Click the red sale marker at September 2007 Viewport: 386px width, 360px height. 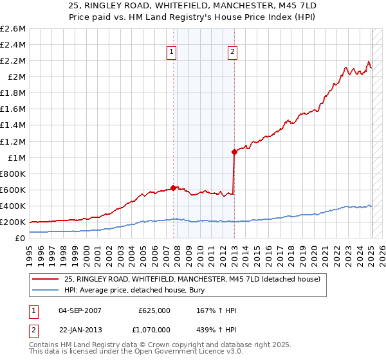(173, 188)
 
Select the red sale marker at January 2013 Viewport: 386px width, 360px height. (234, 152)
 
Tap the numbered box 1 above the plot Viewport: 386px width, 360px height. (172, 53)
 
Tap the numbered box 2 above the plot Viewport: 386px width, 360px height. (232, 53)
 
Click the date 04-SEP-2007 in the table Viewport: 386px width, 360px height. (80, 311)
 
